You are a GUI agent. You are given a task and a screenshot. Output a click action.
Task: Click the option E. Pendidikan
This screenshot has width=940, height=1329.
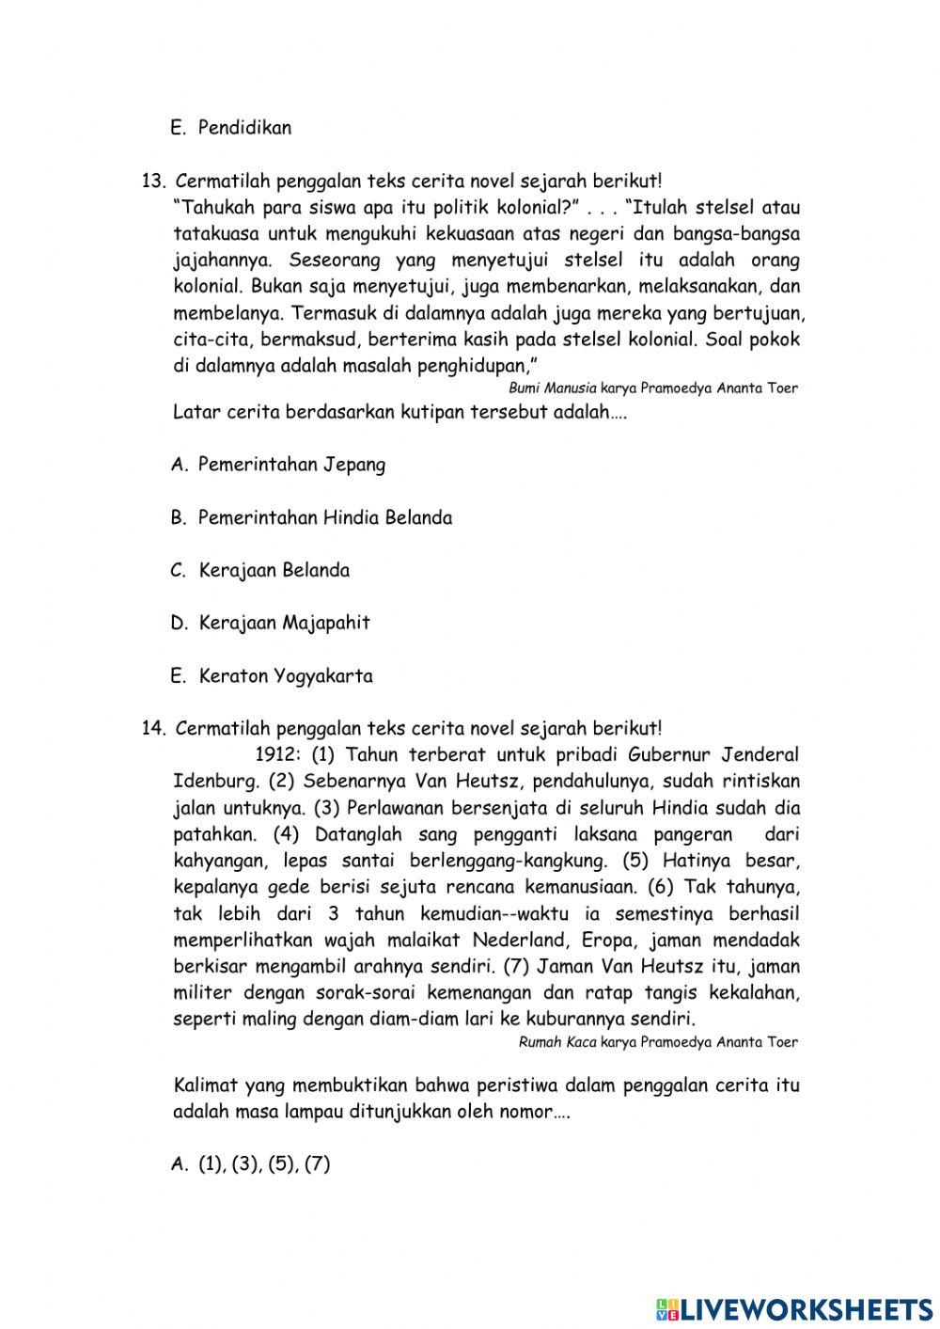pyautogui.click(x=231, y=128)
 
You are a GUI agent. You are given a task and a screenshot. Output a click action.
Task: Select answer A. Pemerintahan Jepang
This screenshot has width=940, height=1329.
pyautogui.click(x=278, y=465)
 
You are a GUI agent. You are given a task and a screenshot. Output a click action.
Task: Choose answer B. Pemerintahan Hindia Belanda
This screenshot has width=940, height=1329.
pyautogui.click(x=311, y=517)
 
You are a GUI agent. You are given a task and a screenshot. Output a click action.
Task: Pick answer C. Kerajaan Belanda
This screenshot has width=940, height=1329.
pyautogui.click(x=260, y=570)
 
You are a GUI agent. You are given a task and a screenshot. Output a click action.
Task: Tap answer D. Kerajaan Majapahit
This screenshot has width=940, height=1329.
pyautogui.click(x=271, y=623)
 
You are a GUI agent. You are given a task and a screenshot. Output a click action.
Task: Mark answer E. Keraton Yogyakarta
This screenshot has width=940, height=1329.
pyautogui.click(x=272, y=675)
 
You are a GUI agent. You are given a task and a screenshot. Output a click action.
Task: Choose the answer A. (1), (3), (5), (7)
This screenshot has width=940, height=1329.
pyautogui.click(x=251, y=1163)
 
